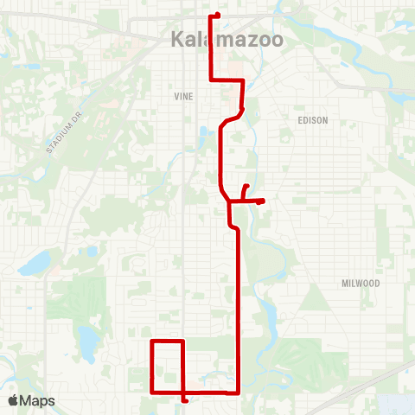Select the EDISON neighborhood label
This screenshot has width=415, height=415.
(x=313, y=120)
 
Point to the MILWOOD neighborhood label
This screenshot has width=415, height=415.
(x=360, y=283)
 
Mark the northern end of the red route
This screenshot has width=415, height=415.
(x=216, y=15)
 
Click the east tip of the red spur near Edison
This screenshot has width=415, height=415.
(x=261, y=201)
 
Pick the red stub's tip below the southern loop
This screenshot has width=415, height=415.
(x=186, y=400)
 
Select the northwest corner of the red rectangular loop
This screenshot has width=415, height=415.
(x=152, y=342)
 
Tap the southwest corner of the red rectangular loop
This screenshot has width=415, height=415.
(x=152, y=392)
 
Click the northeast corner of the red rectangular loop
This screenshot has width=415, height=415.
(x=182, y=342)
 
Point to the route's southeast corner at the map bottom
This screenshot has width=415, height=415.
(x=238, y=391)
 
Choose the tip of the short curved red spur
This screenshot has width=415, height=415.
(x=247, y=186)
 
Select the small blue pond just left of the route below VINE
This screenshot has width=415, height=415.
(x=204, y=134)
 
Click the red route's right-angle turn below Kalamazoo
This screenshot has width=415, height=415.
(x=243, y=80)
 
